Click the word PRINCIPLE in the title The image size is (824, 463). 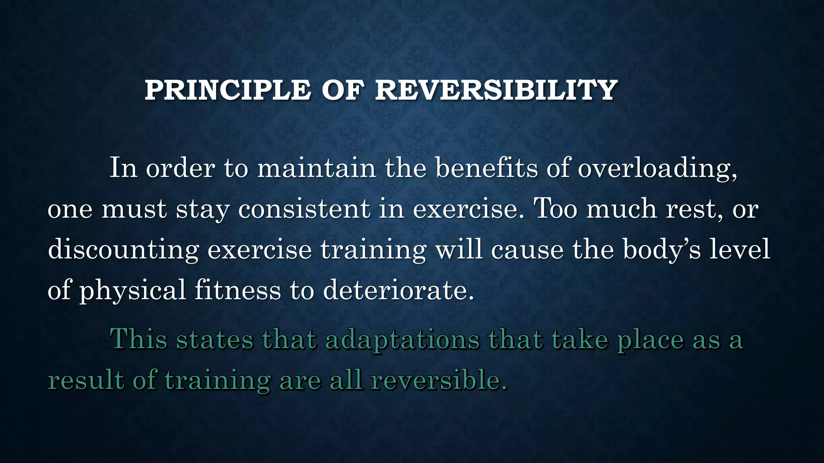tap(227, 90)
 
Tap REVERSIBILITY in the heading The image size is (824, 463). tap(496, 90)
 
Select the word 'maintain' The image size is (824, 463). tap(316, 168)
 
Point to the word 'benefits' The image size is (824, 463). tap(486, 168)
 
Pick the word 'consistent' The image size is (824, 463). tap(304, 209)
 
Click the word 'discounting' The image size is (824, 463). tap(123, 250)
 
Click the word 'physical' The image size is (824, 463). tap(132, 290)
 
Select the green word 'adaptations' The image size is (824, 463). tap(402, 340)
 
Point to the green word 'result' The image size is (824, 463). tap(86, 380)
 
